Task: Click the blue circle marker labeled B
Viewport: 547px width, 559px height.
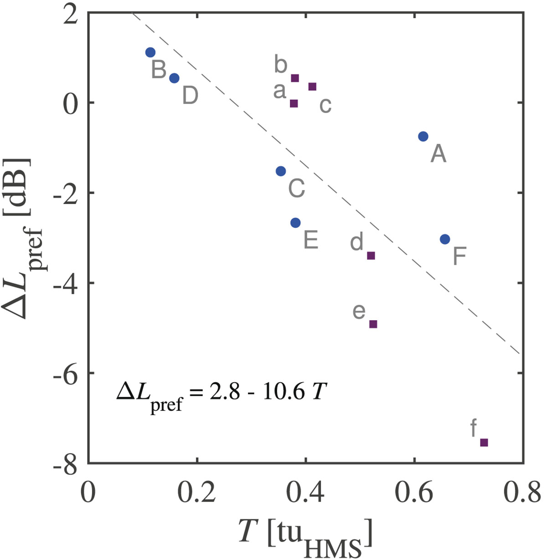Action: (150, 52)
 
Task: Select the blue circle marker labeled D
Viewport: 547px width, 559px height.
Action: (174, 78)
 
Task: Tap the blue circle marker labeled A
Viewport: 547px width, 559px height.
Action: (423, 136)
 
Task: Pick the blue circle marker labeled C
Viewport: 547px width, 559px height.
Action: (281, 171)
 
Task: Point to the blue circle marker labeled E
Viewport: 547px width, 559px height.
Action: (295, 223)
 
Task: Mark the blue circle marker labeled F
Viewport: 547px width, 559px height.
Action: (445, 239)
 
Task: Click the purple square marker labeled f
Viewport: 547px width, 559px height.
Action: (484, 442)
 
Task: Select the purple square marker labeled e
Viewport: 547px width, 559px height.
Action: (373, 324)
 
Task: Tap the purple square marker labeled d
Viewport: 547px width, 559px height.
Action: (371, 256)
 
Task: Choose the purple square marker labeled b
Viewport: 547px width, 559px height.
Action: (295, 78)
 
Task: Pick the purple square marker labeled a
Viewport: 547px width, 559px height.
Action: (294, 103)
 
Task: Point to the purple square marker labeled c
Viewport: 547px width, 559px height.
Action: (312, 87)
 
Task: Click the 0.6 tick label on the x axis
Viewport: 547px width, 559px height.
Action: (413, 493)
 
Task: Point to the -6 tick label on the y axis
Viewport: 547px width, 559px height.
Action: (68, 373)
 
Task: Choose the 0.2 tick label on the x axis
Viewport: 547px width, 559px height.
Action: (196, 493)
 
